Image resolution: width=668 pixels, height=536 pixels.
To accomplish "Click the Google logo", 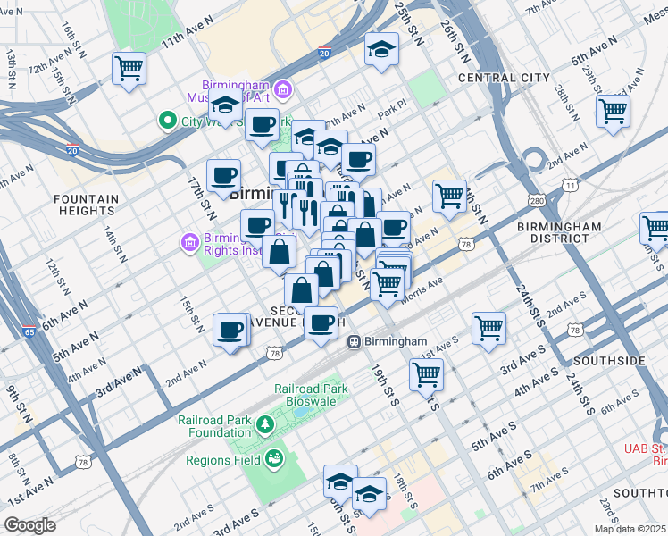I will tap(29, 525).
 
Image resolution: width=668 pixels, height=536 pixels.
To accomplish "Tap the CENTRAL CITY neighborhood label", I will tap(504, 78).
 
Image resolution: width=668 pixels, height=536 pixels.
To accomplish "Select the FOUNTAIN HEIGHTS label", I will tap(86, 205).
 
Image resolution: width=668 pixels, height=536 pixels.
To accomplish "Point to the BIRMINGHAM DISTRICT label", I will tap(559, 233).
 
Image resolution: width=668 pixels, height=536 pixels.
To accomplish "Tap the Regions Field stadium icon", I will tap(275, 460).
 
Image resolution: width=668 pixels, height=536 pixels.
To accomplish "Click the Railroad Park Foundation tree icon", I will tap(264, 423).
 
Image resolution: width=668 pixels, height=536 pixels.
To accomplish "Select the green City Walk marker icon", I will tap(166, 120).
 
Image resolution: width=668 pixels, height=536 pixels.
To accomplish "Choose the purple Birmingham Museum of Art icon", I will tap(283, 88).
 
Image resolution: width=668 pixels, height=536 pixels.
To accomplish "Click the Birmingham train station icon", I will tap(354, 341).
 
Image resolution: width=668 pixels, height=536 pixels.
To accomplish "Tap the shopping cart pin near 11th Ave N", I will tap(129, 68).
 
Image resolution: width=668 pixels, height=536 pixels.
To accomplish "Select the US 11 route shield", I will tap(569, 185).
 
